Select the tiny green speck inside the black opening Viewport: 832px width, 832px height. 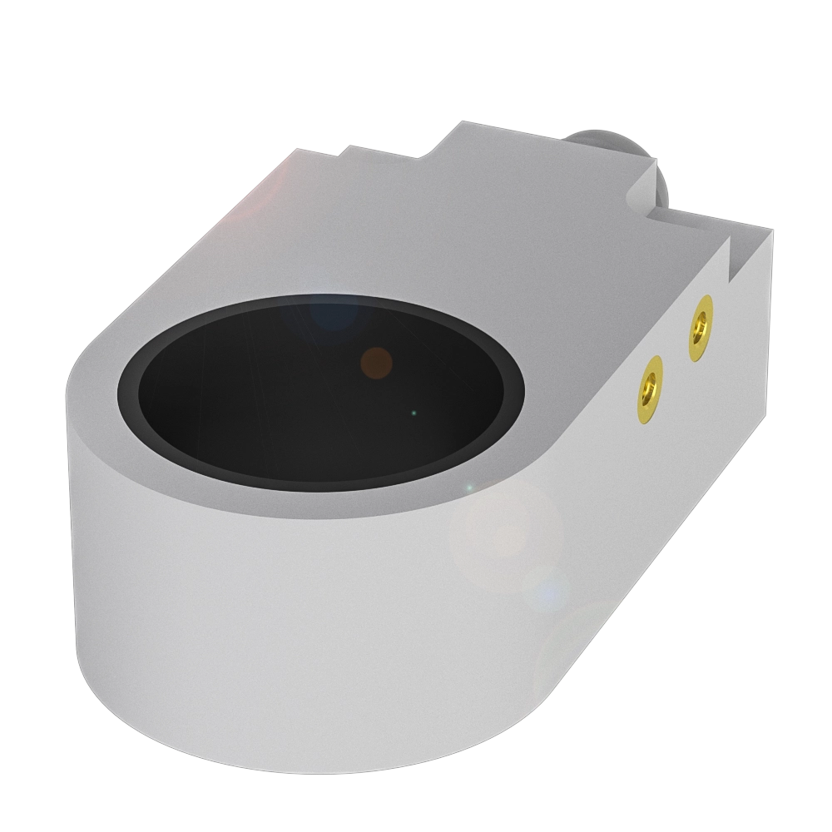pos(414,413)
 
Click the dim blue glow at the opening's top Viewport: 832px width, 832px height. pos(334,312)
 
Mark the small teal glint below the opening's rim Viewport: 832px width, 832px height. pos(468,487)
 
